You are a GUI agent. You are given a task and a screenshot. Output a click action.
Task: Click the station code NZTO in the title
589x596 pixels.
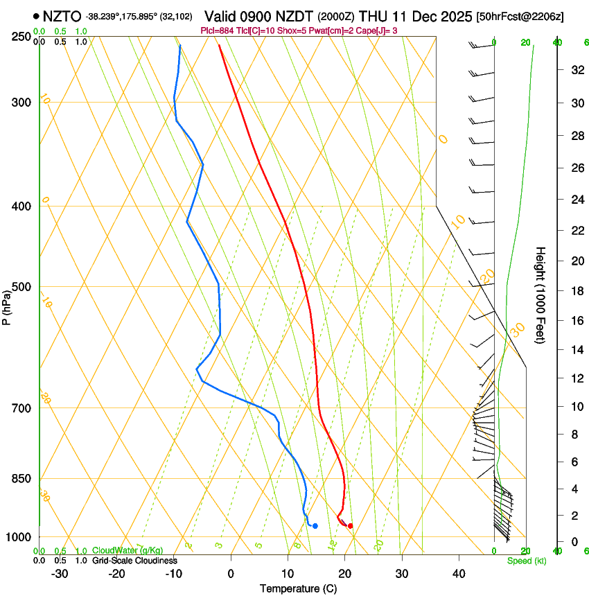[62, 15]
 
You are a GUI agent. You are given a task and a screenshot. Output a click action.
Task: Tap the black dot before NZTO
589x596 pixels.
[35, 15]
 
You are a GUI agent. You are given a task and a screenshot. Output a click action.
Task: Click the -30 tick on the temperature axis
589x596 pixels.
[60, 574]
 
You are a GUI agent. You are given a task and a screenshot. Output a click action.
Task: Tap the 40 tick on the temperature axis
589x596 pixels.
[459, 574]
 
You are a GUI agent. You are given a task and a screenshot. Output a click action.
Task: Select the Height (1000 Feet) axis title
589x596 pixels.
[540, 295]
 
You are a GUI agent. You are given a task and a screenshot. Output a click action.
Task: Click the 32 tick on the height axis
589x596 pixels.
[575, 70]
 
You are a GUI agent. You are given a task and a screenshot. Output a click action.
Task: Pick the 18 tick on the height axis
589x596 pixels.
[575, 291]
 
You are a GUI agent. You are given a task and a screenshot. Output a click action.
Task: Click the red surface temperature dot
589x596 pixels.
[350, 526]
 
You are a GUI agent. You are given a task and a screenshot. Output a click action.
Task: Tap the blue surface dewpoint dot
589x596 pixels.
[315, 526]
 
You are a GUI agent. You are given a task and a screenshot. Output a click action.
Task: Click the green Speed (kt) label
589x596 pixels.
[526, 561]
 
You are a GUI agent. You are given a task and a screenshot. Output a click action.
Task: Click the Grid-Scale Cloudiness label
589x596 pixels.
[134, 561]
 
